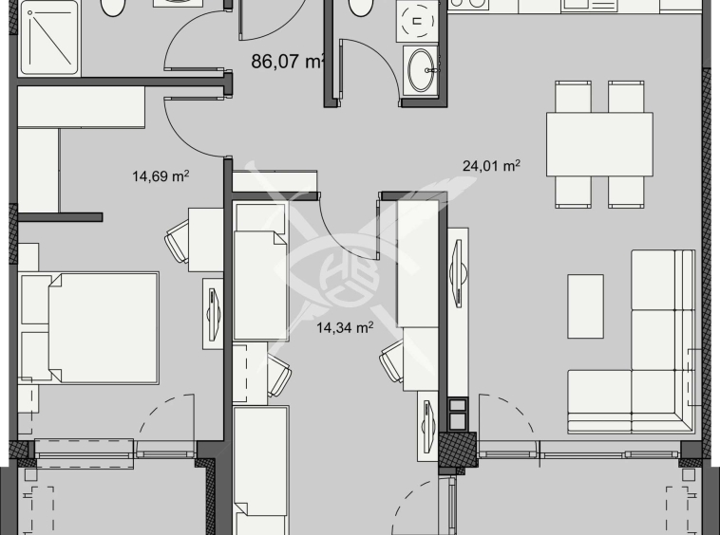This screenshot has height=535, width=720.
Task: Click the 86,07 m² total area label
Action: tap(288, 64)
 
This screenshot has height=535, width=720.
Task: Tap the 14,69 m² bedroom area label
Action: tap(161, 175)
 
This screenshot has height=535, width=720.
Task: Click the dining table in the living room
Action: tap(598, 143)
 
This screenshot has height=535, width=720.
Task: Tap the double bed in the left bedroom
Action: tap(89, 327)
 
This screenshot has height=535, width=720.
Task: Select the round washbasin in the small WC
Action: tap(421, 67)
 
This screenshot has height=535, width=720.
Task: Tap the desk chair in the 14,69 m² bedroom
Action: tap(180, 243)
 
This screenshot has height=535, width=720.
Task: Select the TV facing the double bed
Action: tap(212, 307)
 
